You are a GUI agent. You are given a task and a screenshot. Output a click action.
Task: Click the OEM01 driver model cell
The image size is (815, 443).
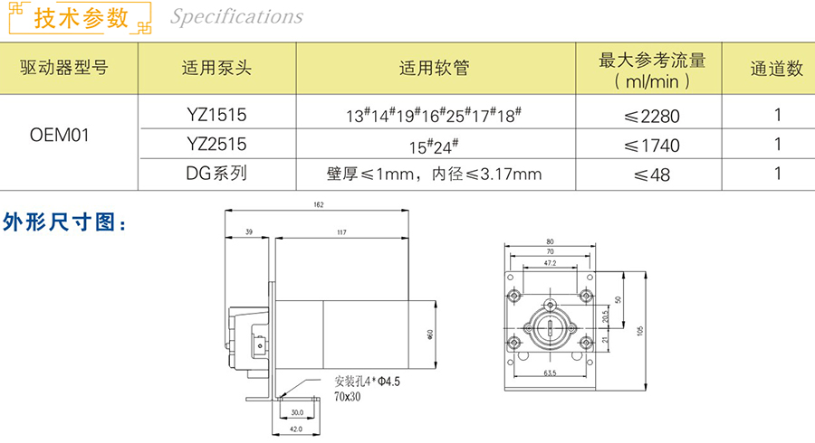pyautogui.click(x=59, y=136)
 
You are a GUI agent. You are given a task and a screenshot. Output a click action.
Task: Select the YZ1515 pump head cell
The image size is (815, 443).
pyautogui.click(x=216, y=115)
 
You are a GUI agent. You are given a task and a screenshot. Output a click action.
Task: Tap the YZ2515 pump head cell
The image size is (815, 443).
pyautogui.click(x=216, y=145)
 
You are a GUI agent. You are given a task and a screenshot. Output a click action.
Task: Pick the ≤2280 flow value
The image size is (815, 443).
pyautogui.click(x=652, y=117)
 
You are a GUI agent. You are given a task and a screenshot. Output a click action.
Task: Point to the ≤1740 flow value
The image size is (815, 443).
pyautogui.click(x=652, y=146)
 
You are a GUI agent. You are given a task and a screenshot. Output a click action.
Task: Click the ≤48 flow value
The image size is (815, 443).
pyautogui.click(x=652, y=175)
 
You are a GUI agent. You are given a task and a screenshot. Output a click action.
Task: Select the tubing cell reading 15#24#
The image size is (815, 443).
pyautogui.click(x=434, y=146)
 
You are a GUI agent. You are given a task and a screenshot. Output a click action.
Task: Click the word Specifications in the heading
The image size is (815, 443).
pyautogui.click(x=236, y=16)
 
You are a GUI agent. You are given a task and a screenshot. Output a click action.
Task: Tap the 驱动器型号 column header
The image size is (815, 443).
pyautogui.click(x=64, y=68)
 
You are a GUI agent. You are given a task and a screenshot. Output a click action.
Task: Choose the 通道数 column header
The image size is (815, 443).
pyautogui.click(x=777, y=69)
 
